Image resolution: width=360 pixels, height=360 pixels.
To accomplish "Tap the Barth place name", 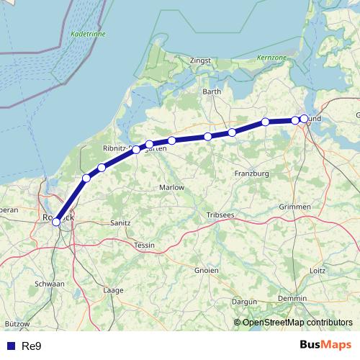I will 212,91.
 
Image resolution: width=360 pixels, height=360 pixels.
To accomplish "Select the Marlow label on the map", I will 171,187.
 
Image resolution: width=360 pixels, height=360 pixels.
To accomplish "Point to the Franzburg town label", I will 251,174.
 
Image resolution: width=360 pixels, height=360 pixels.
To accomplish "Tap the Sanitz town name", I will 120,223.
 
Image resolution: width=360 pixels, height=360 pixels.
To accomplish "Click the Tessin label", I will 145,246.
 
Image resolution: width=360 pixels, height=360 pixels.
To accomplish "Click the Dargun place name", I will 245,302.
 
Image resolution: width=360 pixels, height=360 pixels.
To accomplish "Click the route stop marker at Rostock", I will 56,222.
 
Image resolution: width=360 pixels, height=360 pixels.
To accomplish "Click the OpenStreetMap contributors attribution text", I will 297,323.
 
